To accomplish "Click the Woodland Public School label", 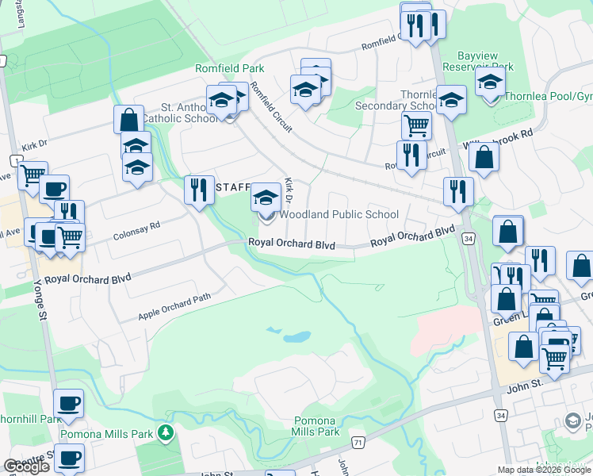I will pos(339,214).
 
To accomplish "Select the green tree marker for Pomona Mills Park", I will pos(166,433).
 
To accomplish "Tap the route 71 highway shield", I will pos(359,441).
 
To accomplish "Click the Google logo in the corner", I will pos(26,466).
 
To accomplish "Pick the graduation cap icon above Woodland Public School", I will pos(266,197).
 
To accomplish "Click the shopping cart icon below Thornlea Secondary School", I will pos(415,125).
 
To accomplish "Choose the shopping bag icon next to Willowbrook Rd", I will pos(484,156).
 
